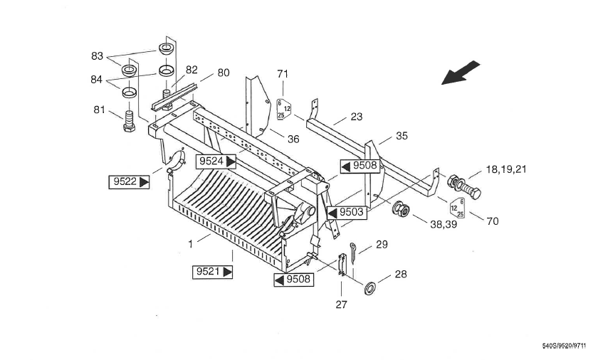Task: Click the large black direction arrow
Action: [461, 73]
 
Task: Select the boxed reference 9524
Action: [216, 162]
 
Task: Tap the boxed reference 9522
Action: [129, 182]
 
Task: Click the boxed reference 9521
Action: [212, 272]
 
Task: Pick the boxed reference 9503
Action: [347, 212]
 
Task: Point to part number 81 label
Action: [99, 110]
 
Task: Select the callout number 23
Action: [356, 117]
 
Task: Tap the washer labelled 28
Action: [369, 288]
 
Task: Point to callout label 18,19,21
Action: [506, 169]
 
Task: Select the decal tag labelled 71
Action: [284, 109]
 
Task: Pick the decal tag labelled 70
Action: [457, 208]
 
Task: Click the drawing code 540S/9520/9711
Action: [564, 346]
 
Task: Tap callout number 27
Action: [341, 305]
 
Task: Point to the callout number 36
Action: [293, 139]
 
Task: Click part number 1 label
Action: [191, 244]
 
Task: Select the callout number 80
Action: [224, 73]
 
